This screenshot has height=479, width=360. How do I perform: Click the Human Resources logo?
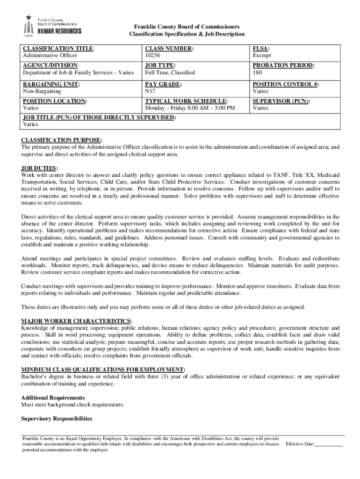tap(52, 26)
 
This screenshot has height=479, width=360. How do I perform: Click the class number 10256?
tap(153, 56)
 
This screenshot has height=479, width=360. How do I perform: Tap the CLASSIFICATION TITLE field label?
tap(58, 49)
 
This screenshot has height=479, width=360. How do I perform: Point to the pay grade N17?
tap(150, 91)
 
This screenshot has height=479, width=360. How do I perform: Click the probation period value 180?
tap(257, 73)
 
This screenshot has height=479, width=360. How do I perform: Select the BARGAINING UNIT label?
tap(51, 84)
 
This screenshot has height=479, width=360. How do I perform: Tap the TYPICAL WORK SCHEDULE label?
tap(187, 101)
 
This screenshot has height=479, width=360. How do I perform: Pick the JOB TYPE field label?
tap(160, 66)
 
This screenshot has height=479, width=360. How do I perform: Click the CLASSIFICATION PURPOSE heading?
tap(62, 140)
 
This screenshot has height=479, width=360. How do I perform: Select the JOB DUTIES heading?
tap(39, 168)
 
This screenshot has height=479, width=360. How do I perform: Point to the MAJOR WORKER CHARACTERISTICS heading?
tap(76, 321)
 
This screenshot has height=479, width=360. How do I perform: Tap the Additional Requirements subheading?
tap(53, 397)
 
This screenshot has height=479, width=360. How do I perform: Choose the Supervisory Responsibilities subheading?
tap(57, 418)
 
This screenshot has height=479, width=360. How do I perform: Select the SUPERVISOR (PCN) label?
tap(281, 101)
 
